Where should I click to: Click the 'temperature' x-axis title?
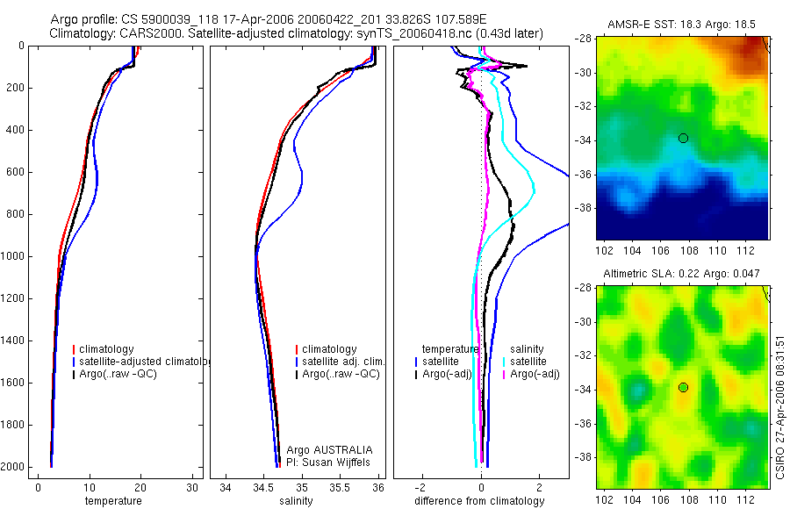tap(112, 501)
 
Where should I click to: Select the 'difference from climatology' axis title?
tap(481, 501)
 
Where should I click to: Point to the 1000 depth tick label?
tap(13, 256)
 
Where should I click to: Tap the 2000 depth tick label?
tap(13, 467)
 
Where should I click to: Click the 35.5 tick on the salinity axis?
tap(341, 487)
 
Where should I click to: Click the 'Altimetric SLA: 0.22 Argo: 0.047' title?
tap(682, 275)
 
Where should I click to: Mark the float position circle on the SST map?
tap(683, 138)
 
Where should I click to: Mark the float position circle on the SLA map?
tap(683, 387)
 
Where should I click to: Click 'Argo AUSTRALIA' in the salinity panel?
tap(324, 449)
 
